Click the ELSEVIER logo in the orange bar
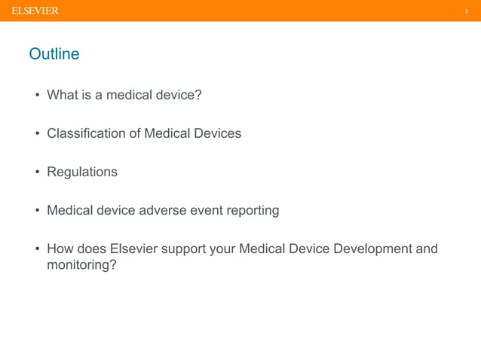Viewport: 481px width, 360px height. click(35, 11)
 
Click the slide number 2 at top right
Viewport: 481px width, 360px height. click(466, 11)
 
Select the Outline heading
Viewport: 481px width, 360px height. click(54, 54)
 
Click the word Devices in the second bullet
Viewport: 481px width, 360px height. click(218, 133)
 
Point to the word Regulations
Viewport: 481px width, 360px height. click(82, 172)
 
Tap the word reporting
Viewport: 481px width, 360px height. click(253, 211)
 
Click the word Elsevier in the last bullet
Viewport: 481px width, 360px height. click(133, 249)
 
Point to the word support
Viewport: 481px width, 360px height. click(184, 249)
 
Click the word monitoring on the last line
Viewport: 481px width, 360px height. click(81, 265)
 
